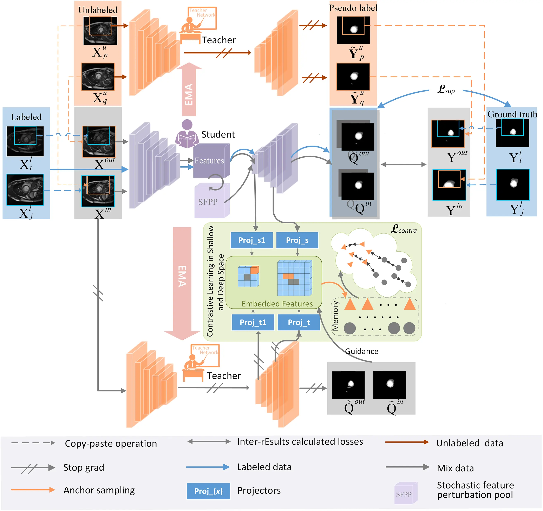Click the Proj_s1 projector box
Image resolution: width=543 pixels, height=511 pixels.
251,240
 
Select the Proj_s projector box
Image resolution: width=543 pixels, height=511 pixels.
297,240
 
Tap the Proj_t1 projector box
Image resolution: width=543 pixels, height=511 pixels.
253,322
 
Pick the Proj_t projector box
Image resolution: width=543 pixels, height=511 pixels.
299,322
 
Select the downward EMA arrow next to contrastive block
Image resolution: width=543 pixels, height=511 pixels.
182,281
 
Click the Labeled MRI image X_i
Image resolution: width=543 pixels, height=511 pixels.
25,141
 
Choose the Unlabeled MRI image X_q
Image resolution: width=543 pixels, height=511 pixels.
98,77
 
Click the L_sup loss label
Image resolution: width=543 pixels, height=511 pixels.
446,89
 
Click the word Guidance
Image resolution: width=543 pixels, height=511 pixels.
361,351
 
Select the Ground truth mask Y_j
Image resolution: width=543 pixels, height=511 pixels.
512,185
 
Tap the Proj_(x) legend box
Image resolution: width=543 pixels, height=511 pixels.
208,491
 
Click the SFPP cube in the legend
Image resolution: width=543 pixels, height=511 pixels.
405,493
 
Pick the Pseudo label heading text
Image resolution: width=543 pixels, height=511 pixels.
353,8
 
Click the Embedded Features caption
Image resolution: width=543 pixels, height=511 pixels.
277,304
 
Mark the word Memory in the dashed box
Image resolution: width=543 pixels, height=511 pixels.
335,316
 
